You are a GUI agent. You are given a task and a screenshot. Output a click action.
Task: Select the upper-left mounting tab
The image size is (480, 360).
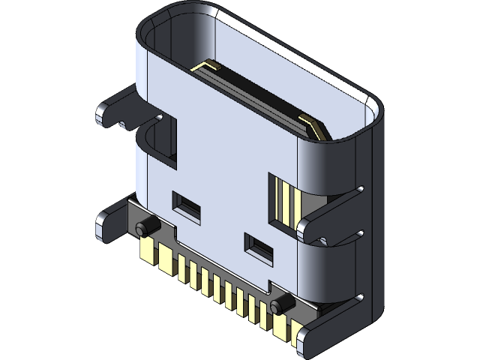[x=116, y=109]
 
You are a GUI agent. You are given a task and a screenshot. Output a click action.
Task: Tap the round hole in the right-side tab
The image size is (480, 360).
[x=323, y=241]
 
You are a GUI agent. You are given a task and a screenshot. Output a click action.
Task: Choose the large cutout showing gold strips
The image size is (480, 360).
[x=283, y=201]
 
